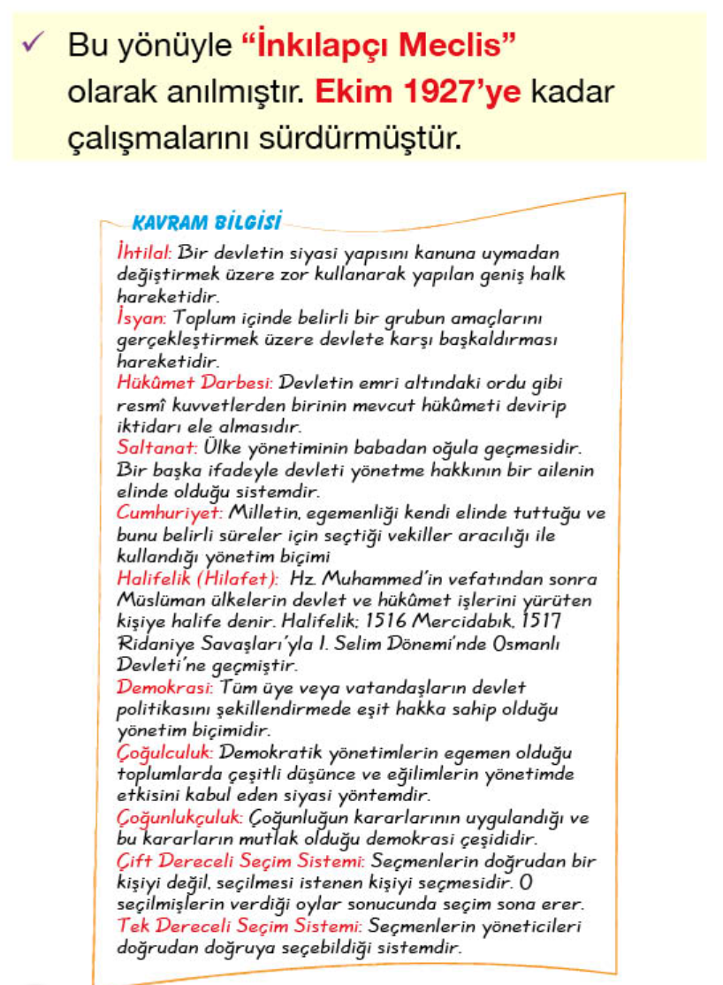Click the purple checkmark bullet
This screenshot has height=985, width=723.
point(33,45)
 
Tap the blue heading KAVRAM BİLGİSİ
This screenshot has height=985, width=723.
point(206,218)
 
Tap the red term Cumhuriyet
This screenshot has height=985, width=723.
point(170,513)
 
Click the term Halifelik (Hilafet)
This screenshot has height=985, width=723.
point(196,578)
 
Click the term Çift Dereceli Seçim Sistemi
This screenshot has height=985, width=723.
point(240,860)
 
